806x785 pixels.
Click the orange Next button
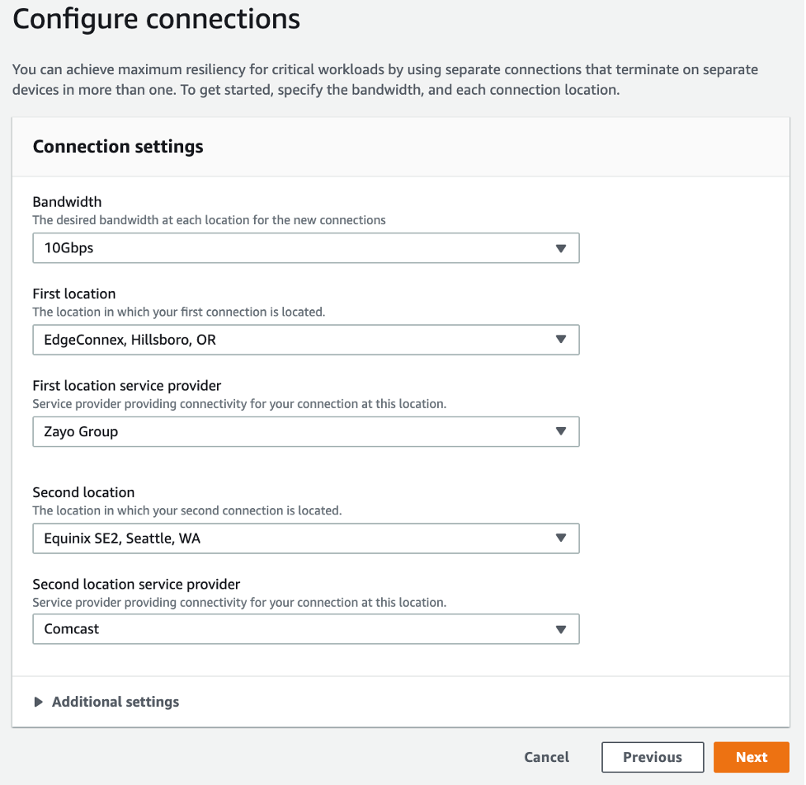coord(751,757)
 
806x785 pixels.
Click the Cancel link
coord(546,757)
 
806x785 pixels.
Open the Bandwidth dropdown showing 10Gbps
coord(305,248)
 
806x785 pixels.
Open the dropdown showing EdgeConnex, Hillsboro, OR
coord(305,340)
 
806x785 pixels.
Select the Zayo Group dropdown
coord(305,431)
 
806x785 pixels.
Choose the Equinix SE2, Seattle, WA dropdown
coord(305,538)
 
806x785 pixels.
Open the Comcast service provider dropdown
coord(305,629)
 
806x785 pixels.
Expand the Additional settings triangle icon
coord(38,703)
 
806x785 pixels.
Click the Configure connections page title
coord(156,19)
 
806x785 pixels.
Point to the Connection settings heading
coord(118,147)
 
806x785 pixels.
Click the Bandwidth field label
coord(67,202)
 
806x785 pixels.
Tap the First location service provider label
coord(126,385)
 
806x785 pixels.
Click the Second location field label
coord(83,492)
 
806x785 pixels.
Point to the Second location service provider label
coord(136,585)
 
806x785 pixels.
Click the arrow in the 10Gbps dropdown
coord(561,248)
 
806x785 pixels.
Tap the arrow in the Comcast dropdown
coord(561,629)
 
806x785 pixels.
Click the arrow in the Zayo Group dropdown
coord(561,431)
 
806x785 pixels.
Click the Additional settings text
coord(115,703)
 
